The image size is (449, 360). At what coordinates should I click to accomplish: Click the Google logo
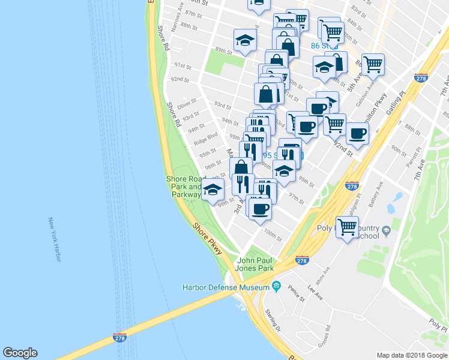20,353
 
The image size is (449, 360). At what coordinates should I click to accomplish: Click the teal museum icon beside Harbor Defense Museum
277,286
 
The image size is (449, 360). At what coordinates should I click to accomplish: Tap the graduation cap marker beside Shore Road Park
212,191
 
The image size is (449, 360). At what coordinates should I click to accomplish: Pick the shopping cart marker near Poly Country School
347,227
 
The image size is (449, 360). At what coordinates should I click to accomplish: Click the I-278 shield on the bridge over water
119,338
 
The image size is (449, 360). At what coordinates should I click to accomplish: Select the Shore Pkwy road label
208,239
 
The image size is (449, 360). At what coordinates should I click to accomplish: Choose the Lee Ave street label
316,293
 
